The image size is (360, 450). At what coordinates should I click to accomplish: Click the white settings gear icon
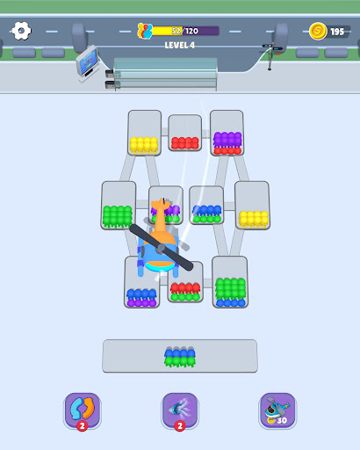point(21,31)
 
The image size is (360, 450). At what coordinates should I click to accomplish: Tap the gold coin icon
point(318,31)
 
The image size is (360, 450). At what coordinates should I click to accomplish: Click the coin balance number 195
point(337,32)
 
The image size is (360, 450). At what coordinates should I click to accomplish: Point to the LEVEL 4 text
point(180,45)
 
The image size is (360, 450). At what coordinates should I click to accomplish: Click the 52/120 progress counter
point(185,31)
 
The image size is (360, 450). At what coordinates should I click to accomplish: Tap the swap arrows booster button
point(83,410)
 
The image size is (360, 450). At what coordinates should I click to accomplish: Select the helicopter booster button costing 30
point(277,410)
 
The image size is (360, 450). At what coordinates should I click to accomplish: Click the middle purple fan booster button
point(180,410)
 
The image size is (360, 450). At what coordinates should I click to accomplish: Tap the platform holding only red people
point(185,133)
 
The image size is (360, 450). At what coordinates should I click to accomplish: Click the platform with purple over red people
point(227,133)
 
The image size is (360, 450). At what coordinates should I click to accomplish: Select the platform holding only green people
point(119,206)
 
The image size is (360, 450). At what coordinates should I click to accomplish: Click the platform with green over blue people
point(230,282)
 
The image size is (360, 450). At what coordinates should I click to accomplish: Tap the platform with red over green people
point(185,283)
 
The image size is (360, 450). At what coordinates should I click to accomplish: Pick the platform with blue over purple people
point(141,283)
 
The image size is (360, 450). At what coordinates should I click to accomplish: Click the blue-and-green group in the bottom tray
point(180,357)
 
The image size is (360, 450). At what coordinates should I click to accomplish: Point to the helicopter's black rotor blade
point(162,248)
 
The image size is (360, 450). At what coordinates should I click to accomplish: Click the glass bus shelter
point(165,74)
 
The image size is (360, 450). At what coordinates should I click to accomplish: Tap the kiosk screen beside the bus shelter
point(87,61)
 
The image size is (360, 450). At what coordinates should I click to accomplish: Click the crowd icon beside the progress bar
point(145,31)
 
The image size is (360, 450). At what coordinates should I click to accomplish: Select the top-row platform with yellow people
point(145,133)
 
